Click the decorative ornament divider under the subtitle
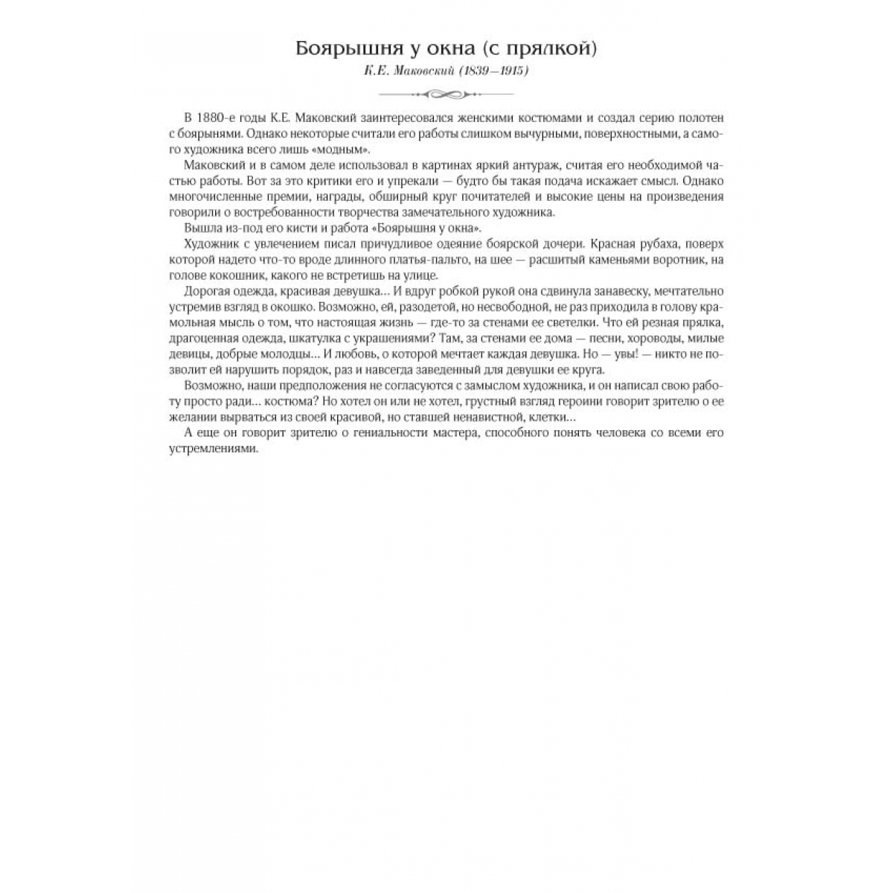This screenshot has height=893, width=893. click(446, 94)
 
